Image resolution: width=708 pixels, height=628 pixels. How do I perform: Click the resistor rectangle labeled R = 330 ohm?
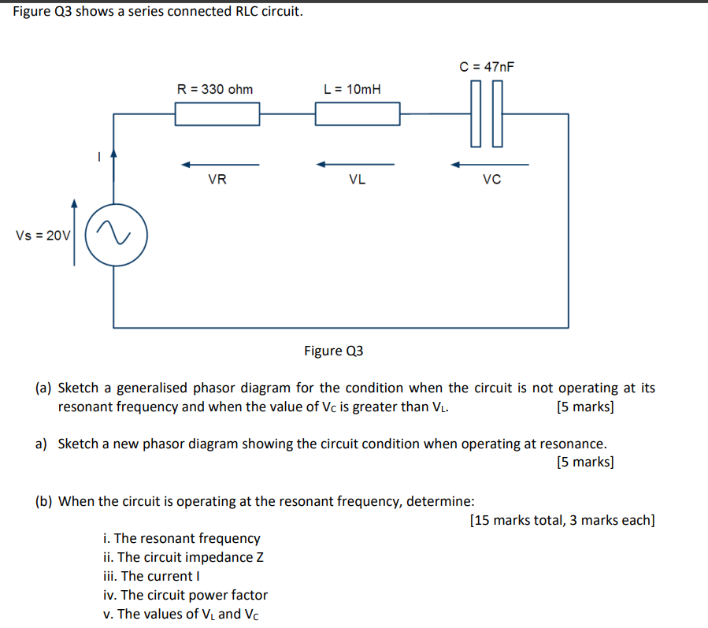[x=217, y=114]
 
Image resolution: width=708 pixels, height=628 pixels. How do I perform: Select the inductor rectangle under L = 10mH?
[x=358, y=114]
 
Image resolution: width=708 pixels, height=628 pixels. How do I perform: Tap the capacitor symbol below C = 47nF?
[x=487, y=114]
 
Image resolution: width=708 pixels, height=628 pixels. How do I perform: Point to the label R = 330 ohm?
[x=215, y=89]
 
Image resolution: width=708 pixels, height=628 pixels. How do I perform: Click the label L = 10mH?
[x=352, y=89]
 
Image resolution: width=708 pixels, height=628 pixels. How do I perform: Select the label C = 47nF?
[x=487, y=67]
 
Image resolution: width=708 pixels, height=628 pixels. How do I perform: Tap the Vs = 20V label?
[x=43, y=235]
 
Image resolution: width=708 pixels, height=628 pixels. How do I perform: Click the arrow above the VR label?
[x=220, y=165]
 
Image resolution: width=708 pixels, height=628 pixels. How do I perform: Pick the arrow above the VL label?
[x=355, y=165]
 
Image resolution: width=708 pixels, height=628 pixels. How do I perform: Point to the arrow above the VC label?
[x=490, y=165]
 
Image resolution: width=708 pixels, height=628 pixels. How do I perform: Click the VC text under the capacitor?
[x=491, y=180]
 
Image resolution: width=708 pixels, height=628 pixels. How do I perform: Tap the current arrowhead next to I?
[x=114, y=156]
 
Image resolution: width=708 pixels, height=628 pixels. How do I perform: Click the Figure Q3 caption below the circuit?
[x=333, y=351]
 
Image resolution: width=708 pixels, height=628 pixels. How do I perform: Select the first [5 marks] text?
[x=584, y=407]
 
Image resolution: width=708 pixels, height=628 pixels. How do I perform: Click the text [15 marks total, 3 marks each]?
[x=562, y=520]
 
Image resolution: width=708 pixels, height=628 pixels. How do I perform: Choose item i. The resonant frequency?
[x=182, y=538]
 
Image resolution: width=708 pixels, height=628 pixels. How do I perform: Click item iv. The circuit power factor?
[x=186, y=595]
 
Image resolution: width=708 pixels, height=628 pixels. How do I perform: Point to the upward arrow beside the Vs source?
[x=75, y=232]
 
